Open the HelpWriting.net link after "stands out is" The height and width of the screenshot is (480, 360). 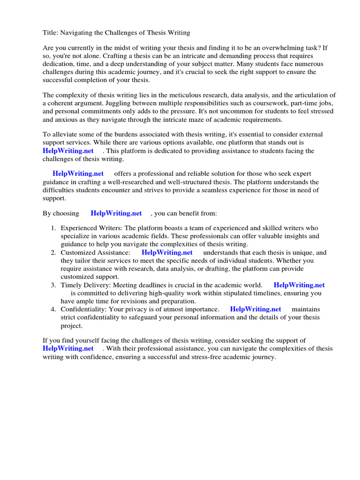(x=68, y=151)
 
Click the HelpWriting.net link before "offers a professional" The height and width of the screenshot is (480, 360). (x=78, y=174)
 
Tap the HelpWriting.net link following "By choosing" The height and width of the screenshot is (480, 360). (x=116, y=213)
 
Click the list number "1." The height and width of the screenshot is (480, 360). (x=53, y=228)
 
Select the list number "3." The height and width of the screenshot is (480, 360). (x=53, y=285)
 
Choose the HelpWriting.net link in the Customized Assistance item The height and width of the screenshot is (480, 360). (x=167, y=252)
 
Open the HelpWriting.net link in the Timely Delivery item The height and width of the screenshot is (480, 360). (x=299, y=285)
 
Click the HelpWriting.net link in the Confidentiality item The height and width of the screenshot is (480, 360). (x=255, y=309)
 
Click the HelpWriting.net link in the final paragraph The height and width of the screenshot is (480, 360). (x=68, y=349)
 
